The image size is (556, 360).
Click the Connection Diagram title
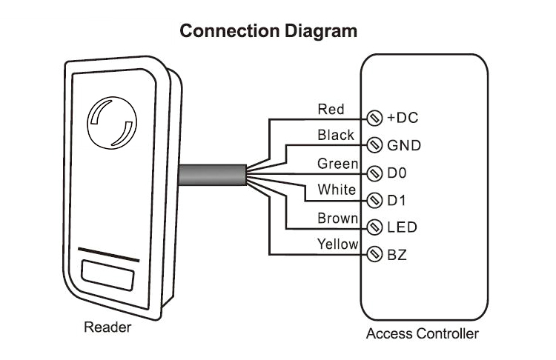[269, 31]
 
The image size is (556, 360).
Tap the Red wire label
[331, 110]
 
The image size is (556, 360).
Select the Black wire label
[335, 136]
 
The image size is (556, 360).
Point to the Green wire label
[337, 163]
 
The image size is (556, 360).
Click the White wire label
[337, 190]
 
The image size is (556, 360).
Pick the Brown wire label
[338, 218]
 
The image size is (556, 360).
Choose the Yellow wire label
[337, 244]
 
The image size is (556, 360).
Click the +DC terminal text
[404, 119]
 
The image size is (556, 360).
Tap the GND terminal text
[404, 145]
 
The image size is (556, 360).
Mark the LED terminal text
[402, 228]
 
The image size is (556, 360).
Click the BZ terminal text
[397, 256]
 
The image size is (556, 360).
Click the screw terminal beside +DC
[374, 119]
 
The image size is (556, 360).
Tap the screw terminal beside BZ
[374, 256]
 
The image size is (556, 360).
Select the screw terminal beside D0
[374, 173]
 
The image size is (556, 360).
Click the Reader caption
[107, 327]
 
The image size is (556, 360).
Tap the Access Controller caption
[423, 334]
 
